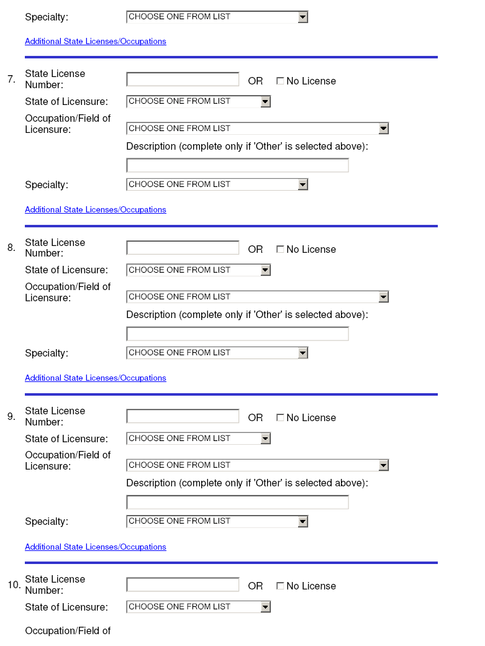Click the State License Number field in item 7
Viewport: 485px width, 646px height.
[183, 80]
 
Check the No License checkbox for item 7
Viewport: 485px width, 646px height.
[280, 81]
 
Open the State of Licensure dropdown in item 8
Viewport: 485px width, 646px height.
[198, 270]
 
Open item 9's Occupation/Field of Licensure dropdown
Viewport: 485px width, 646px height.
[257, 465]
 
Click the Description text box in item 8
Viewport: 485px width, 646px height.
[237, 334]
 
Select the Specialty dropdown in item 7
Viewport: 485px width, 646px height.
[217, 184]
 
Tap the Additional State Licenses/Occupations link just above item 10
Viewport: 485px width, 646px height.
[96, 547]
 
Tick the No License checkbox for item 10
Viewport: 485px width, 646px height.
[280, 586]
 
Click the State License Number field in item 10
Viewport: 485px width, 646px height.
[183, 585]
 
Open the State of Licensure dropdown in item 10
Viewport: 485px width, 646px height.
[198, 607]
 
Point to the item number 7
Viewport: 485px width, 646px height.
[11, 80]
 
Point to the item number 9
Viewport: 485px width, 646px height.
[11, 417]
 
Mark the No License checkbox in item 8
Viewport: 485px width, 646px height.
[280, 249]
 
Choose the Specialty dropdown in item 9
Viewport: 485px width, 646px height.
[217, 521]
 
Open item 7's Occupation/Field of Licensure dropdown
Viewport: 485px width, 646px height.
[257, 129]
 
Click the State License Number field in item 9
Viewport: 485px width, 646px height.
[183, 416]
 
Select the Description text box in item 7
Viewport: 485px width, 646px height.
[237, 165]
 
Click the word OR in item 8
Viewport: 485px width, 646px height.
[255, 249]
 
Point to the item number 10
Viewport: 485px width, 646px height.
[14, 585]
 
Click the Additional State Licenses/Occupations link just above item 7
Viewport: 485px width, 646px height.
[96, 42]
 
